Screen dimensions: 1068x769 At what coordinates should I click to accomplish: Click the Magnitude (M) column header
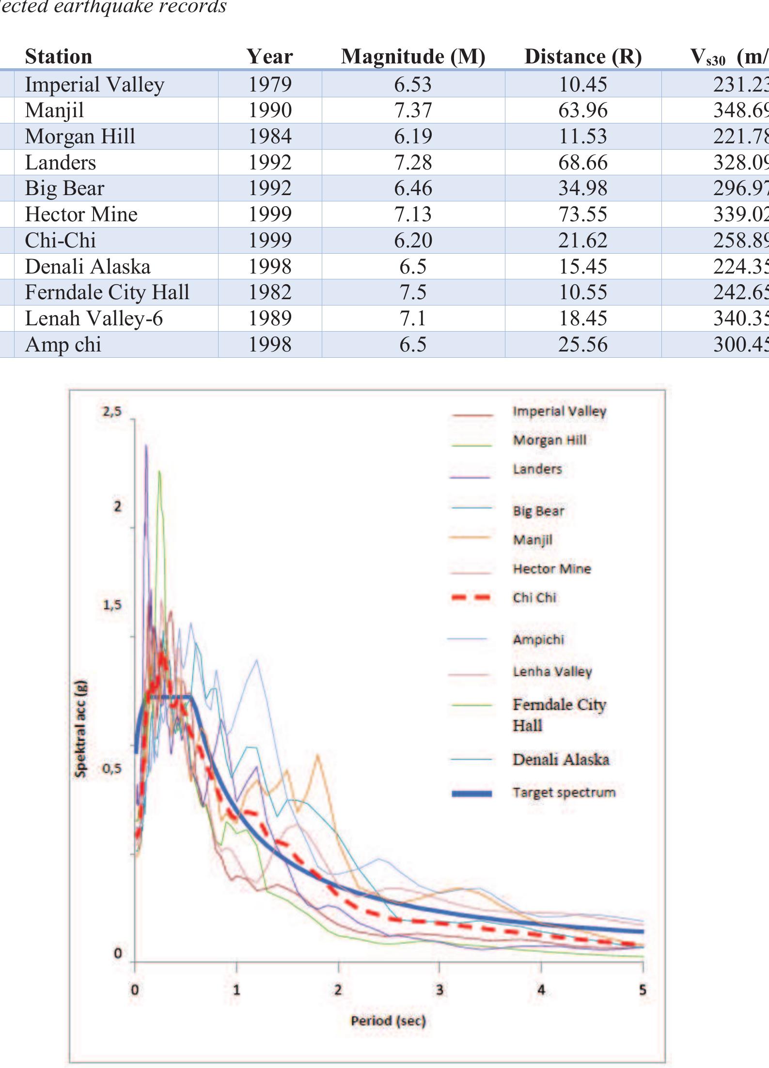(413, 57)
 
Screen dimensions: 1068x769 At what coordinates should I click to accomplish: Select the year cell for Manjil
(270, 110)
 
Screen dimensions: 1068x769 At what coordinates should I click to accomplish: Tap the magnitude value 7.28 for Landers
(413, 162)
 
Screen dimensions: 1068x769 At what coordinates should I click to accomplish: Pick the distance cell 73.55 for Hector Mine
(582, 214)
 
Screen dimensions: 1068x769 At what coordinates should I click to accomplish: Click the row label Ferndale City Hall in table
(107, 292)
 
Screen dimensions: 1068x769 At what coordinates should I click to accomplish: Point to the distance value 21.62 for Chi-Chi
(582, 240)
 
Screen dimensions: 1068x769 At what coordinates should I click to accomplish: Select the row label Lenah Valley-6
(94, 319)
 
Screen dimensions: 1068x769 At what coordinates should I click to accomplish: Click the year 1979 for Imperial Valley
(270, 84)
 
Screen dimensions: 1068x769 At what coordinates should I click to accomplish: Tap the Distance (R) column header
(583, 57)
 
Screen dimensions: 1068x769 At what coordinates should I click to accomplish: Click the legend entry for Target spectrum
(564, 793)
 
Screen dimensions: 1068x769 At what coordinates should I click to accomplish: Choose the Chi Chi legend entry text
(534, 597)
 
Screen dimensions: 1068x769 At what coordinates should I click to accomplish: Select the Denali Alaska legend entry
(561, 759)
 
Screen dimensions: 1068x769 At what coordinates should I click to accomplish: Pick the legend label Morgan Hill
(549, 440)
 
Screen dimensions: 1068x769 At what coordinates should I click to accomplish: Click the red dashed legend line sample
(471, 597)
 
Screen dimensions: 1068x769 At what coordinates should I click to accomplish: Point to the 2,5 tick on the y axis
(112, 412)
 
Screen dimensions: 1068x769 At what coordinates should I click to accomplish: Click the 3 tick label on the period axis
(439, 990)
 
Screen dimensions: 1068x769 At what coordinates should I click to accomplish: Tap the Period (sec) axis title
(388, 1021)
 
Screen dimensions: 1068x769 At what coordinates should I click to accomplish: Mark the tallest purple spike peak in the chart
(146, 445)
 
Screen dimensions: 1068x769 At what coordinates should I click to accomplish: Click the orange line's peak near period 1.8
(318, 755)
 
